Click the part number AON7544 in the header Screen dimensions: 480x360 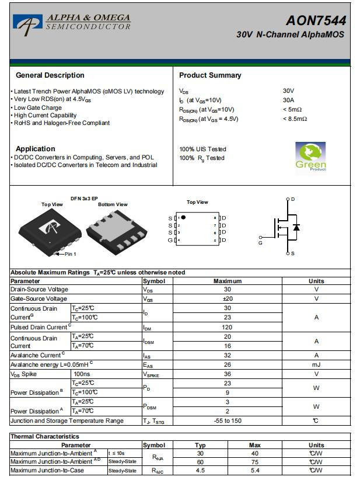point(315,21)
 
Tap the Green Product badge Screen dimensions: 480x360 point(310,156)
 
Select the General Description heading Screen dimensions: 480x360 point(50,75)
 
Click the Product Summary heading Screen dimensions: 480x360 point(209,75)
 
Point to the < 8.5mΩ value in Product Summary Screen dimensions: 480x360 point(295,119)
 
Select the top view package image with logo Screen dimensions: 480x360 point(51,228)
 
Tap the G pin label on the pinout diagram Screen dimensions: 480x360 point(170,240)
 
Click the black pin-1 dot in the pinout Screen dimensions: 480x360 point(183,217)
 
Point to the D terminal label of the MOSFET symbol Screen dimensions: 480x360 point(292,200)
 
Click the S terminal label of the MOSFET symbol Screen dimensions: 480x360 point(292,253)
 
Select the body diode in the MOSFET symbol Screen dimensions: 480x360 point(296,227)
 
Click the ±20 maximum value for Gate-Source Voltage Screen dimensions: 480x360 point(227,299)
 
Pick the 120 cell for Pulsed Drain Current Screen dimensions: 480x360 point(227,327)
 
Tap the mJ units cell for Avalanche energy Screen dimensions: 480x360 point(316,364)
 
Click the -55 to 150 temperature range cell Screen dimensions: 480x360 point(227,420)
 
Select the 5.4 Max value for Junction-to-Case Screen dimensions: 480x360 point(254,471)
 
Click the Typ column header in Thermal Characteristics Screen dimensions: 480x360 point(200,445)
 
